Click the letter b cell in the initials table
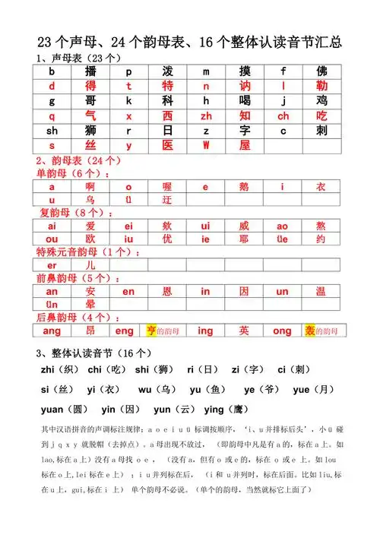[x=52, y=71]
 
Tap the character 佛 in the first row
[x=321, y=71]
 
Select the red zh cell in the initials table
[x=206, y=116]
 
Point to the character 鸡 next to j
[x=321, y=101]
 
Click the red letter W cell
[x=205, y=146]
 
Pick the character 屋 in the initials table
[x=245, y=146]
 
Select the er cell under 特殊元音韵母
[x=52, y=265]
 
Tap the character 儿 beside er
[x=90, y=265]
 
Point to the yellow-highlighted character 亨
[x=150, y=331]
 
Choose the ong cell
[x=283, y=331]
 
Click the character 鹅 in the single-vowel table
[x=245, y=187]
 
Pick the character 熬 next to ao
[x=321, y=226]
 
